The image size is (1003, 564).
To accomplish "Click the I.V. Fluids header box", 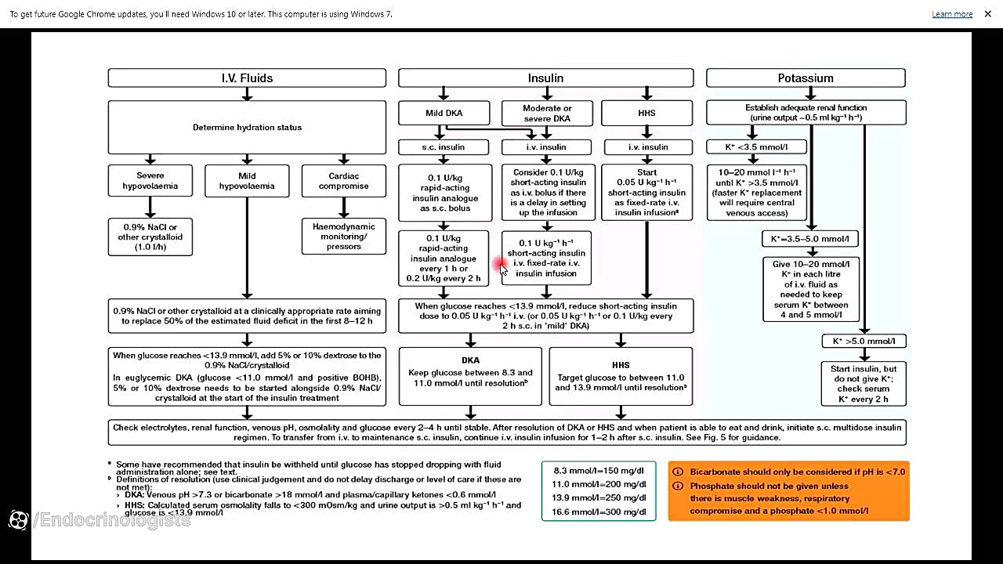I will (247, 78).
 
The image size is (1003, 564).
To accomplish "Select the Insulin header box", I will (545, 78).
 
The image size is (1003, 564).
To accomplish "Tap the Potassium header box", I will (806, 78).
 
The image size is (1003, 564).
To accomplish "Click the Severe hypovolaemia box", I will (150, 181).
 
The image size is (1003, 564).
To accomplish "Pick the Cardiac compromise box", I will (343, 181).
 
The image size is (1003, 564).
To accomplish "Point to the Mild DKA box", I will (444, 113).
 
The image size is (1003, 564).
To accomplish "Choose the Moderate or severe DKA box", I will (547, 114).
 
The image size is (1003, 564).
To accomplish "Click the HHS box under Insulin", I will (646, 113).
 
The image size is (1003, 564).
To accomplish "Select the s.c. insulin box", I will (444, 147).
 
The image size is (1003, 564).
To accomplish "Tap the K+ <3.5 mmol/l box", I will (757, 147).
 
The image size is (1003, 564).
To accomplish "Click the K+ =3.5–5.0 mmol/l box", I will (810, 238).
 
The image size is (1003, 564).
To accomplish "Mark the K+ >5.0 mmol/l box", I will (864, 341).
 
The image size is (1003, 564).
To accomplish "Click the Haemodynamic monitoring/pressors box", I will (344, 237).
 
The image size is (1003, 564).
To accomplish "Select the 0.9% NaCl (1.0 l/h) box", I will (150, 237).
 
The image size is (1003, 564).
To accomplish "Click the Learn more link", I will (952, 14).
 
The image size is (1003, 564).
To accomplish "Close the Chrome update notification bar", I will (988, 14).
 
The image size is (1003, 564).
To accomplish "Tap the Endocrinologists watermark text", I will (114, 520).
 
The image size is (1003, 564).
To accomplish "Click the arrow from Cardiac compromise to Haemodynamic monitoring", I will (344, 208).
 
